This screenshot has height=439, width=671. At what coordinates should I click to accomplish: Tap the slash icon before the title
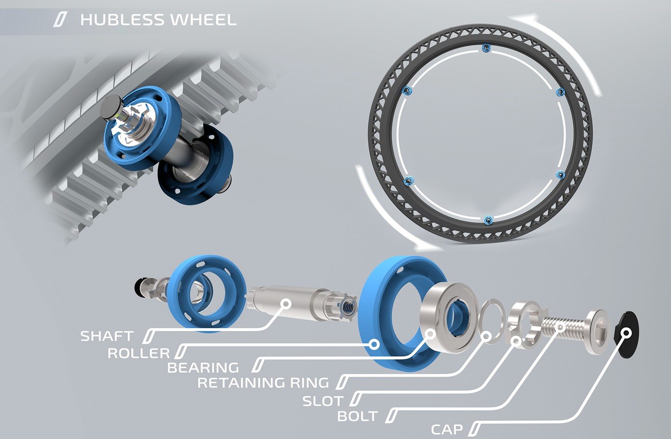(60, 20)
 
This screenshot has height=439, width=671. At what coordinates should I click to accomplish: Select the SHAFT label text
(107, 336)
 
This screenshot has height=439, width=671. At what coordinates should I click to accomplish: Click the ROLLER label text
(139, 353)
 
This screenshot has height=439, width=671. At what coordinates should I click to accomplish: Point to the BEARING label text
(203, 368)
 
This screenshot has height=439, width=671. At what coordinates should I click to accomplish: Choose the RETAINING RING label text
(263, 383)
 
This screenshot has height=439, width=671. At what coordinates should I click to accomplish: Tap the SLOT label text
(323, 401)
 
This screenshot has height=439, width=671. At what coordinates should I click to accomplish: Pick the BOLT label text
(358, 416)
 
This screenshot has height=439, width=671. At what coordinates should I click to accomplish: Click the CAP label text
(447, 429)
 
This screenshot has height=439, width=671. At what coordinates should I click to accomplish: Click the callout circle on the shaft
(286, 303)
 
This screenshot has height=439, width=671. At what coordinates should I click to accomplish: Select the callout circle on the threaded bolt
(559, 327)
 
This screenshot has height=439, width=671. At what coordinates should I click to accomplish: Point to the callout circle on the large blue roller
(375, 344)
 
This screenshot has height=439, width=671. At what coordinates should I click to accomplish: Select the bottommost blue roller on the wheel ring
(487, 220)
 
